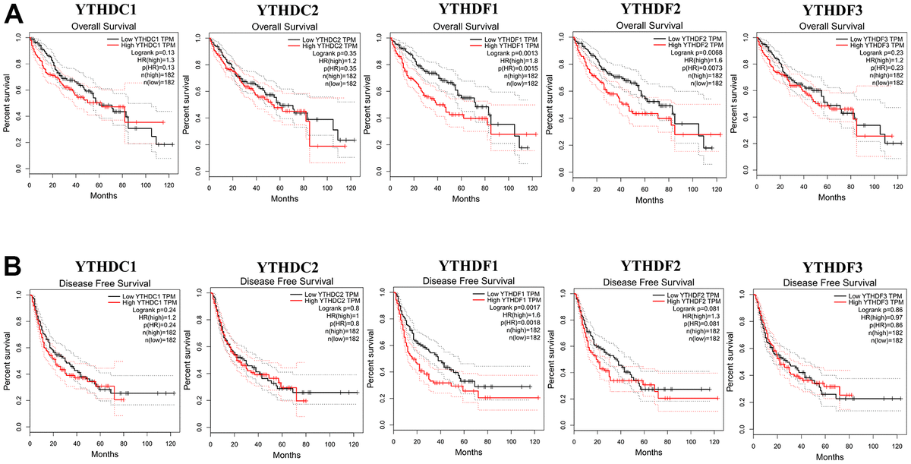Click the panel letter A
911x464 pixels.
pyautogui.click(x=13, y=13)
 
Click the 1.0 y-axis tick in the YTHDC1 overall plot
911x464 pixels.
pyautogui.click(x=18, y=37)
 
